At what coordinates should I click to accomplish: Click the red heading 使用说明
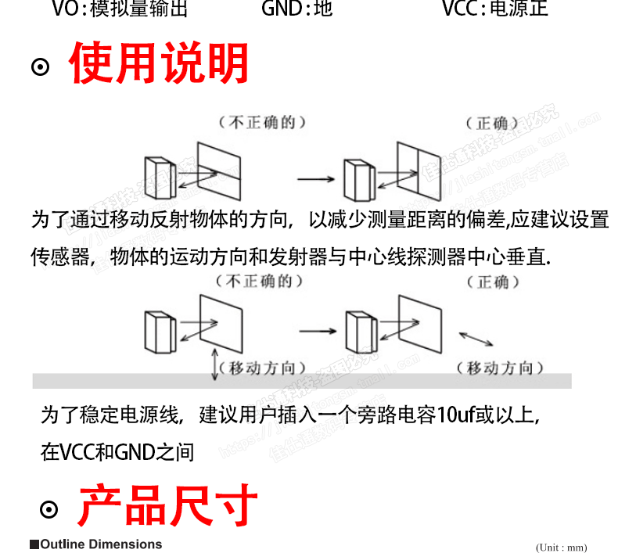pos(159,64)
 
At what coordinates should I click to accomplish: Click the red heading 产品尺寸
pos(167,506)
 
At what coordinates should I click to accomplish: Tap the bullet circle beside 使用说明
pos(40,67)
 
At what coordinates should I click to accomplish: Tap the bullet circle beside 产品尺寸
pos(49,510)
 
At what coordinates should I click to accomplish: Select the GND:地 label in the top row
pos(296,9)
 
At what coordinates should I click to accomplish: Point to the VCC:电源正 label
pos(494,9)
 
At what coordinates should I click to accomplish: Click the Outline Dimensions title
pos(96,544)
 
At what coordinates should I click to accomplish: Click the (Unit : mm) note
pos(561,548)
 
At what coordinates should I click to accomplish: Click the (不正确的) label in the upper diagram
pos(261,122)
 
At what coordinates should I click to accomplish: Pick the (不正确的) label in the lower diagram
pos(261,281)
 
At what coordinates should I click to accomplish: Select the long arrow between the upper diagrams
pos(316,179)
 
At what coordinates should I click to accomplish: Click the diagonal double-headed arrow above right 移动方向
pos(476,339)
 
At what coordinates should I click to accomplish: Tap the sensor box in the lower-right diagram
pos(358,332)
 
